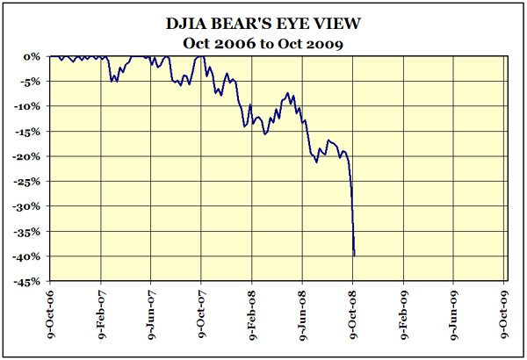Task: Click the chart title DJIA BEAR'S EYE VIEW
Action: (x=263, y=24)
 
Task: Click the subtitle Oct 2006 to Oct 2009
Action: (x=263, y=41)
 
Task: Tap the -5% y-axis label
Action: (x=31, y=82)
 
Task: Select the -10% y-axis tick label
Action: (x=28, y=106)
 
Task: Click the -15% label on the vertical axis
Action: (x=28, y=132)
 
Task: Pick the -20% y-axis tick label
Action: (x=28, y=156)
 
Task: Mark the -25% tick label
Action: (x=28, y=182)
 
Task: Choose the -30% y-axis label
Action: (x=28, y=206)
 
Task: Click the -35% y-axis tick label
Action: (x=28, y=232)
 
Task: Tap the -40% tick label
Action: (x=28, y=256)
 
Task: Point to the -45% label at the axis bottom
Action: (x=28, y=282)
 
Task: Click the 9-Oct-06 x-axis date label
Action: (x=50, y=314)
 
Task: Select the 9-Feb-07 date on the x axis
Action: (x=101, y=314)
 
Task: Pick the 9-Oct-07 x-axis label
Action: (x=202, y=314)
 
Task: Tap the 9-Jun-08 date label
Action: (x=303, y=314)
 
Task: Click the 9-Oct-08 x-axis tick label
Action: (x=354, y=314)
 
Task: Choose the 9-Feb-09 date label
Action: (x=404, y=314)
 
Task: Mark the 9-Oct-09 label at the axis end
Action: (x=505, y=314)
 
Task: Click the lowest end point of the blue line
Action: (x=354, y=256)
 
